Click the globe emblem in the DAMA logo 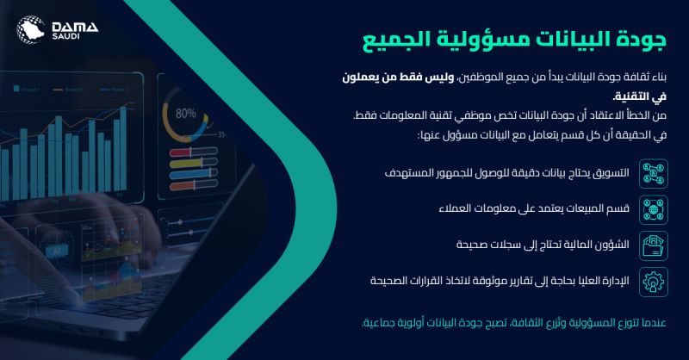[30, 29]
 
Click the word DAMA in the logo [75, 27]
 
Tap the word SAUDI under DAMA [66, 36]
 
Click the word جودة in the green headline [642, 39]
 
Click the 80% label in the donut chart [185, 114]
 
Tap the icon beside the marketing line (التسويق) [654, 174]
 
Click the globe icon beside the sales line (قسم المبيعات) [654, 209]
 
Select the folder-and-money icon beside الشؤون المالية [654, 245]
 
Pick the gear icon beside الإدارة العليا [654, 282]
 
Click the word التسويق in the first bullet [611, 173]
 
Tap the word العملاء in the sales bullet [453, 208]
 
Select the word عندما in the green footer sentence [654, 323]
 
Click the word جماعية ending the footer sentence [376, 323]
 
